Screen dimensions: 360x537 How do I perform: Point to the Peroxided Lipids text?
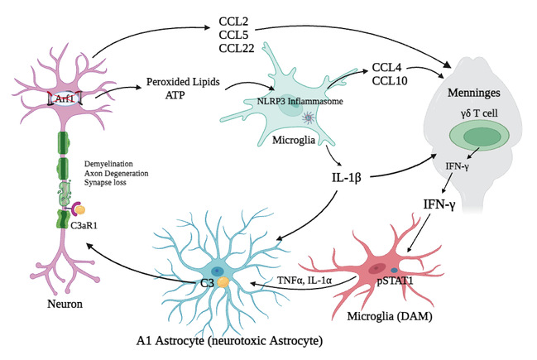point(180,84)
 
